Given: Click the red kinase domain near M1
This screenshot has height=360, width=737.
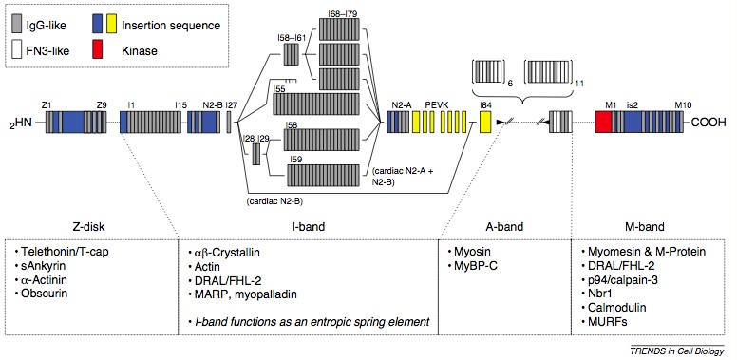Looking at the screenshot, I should (601, 123).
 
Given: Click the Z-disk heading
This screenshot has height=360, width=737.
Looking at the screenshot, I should (89, 227).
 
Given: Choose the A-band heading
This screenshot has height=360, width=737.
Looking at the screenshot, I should (500, 227).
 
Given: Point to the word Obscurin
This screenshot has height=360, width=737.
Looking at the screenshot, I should (46, 293).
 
